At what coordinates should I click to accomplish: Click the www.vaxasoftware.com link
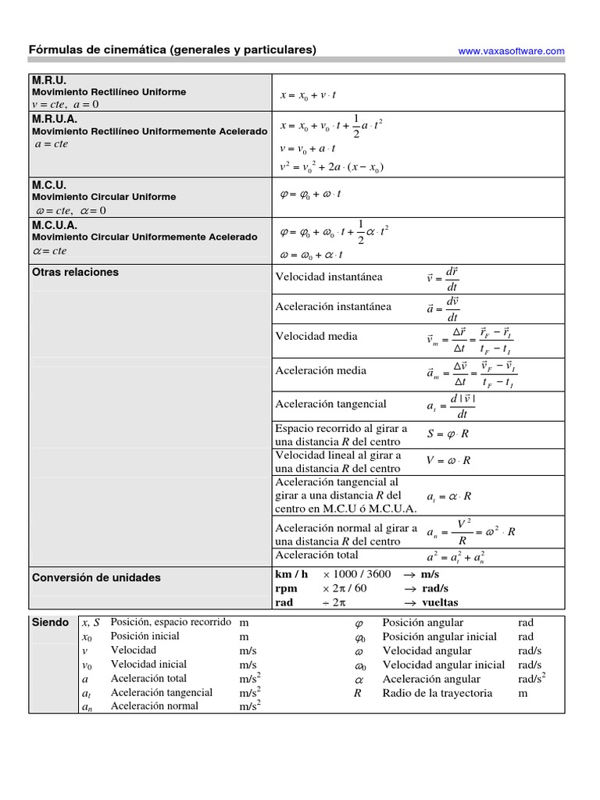[511, 51]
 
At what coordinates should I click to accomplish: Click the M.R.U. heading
[49, 80]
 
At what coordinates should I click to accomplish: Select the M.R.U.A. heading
[55, 120]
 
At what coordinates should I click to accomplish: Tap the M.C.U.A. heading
[55, 225]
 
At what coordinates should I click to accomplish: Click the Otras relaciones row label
[75, 272]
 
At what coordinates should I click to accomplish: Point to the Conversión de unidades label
[96, 577]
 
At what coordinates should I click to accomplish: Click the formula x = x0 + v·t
[308, 95]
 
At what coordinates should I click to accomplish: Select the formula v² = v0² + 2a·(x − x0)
[331, 166]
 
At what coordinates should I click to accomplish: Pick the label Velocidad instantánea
[329, 277]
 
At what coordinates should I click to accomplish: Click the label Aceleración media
[320, 370]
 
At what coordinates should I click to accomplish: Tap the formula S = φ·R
[448, 434]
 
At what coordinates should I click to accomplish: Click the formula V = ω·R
[448, 460]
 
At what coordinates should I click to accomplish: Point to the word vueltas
[440, 602]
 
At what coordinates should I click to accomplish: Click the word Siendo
[49, 623]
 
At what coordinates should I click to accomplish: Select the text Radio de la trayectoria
[437, 693]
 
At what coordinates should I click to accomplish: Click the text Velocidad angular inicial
[443, 665]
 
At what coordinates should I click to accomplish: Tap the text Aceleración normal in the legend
[154, 706]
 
